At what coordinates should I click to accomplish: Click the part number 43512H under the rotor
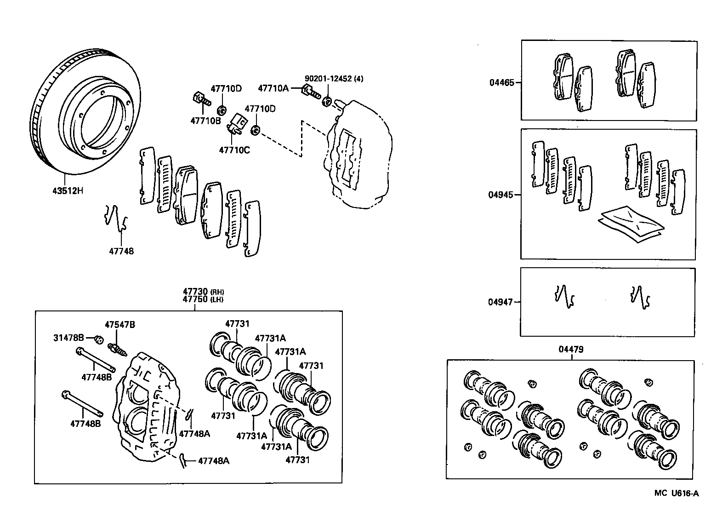coord(68,190)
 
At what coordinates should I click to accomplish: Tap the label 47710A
coord(273,88)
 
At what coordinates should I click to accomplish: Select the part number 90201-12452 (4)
coord(334,79)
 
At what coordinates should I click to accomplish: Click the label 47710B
coord(205,121)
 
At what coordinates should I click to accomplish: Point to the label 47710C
coord(234,149)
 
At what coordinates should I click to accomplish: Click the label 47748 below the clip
coord(121,251)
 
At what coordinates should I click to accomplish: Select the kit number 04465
coord(502,83)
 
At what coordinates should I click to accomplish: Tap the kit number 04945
coord(501,195)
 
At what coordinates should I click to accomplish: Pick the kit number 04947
coord(500,302)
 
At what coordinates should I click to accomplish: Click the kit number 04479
coord(571,349)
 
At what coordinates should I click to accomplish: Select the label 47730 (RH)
coord(203,292)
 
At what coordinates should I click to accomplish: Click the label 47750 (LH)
coord(203,299)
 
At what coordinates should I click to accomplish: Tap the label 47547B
coord(119,325)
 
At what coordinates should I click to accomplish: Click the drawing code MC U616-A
coord(677,494)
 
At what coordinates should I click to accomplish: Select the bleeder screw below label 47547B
coord(117,349)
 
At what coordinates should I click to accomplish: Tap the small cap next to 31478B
coord(98,339)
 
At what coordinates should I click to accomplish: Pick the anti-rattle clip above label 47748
coord(115,217)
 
